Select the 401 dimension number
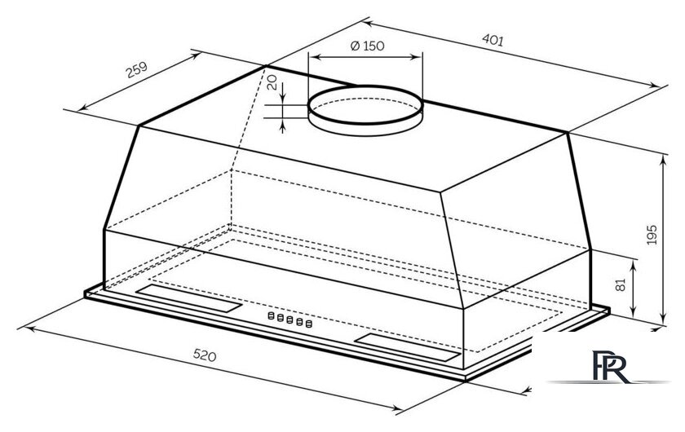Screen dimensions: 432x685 (x=493, y=38)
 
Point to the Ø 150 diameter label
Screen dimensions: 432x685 (x=366, y=46)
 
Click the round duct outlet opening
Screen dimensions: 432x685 (x=365, y=109)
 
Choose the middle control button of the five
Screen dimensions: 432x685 (x=288, y=321)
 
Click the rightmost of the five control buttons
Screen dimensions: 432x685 (x=308, y=325)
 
